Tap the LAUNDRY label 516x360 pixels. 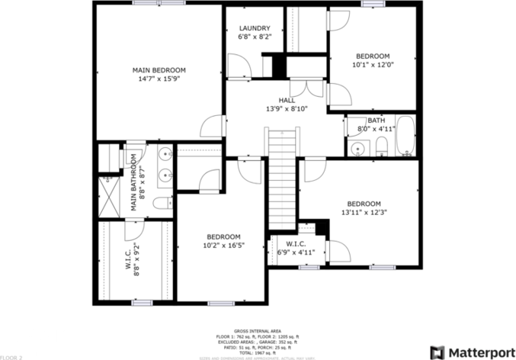(254, 29)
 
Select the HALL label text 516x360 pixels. (287, 100)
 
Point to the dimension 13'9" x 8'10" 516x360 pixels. (287, 108)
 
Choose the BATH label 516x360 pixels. (376, 121)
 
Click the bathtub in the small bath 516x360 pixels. (405, 136)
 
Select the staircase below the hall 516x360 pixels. (281, 179)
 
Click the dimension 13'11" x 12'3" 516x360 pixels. (363, 212)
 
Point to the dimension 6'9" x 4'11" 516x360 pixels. (296, 252)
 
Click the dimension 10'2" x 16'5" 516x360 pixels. (223, 246)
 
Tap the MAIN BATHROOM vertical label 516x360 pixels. (133, 183)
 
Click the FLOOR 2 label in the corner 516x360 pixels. (11, 356)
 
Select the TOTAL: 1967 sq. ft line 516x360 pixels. (258, 352)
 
